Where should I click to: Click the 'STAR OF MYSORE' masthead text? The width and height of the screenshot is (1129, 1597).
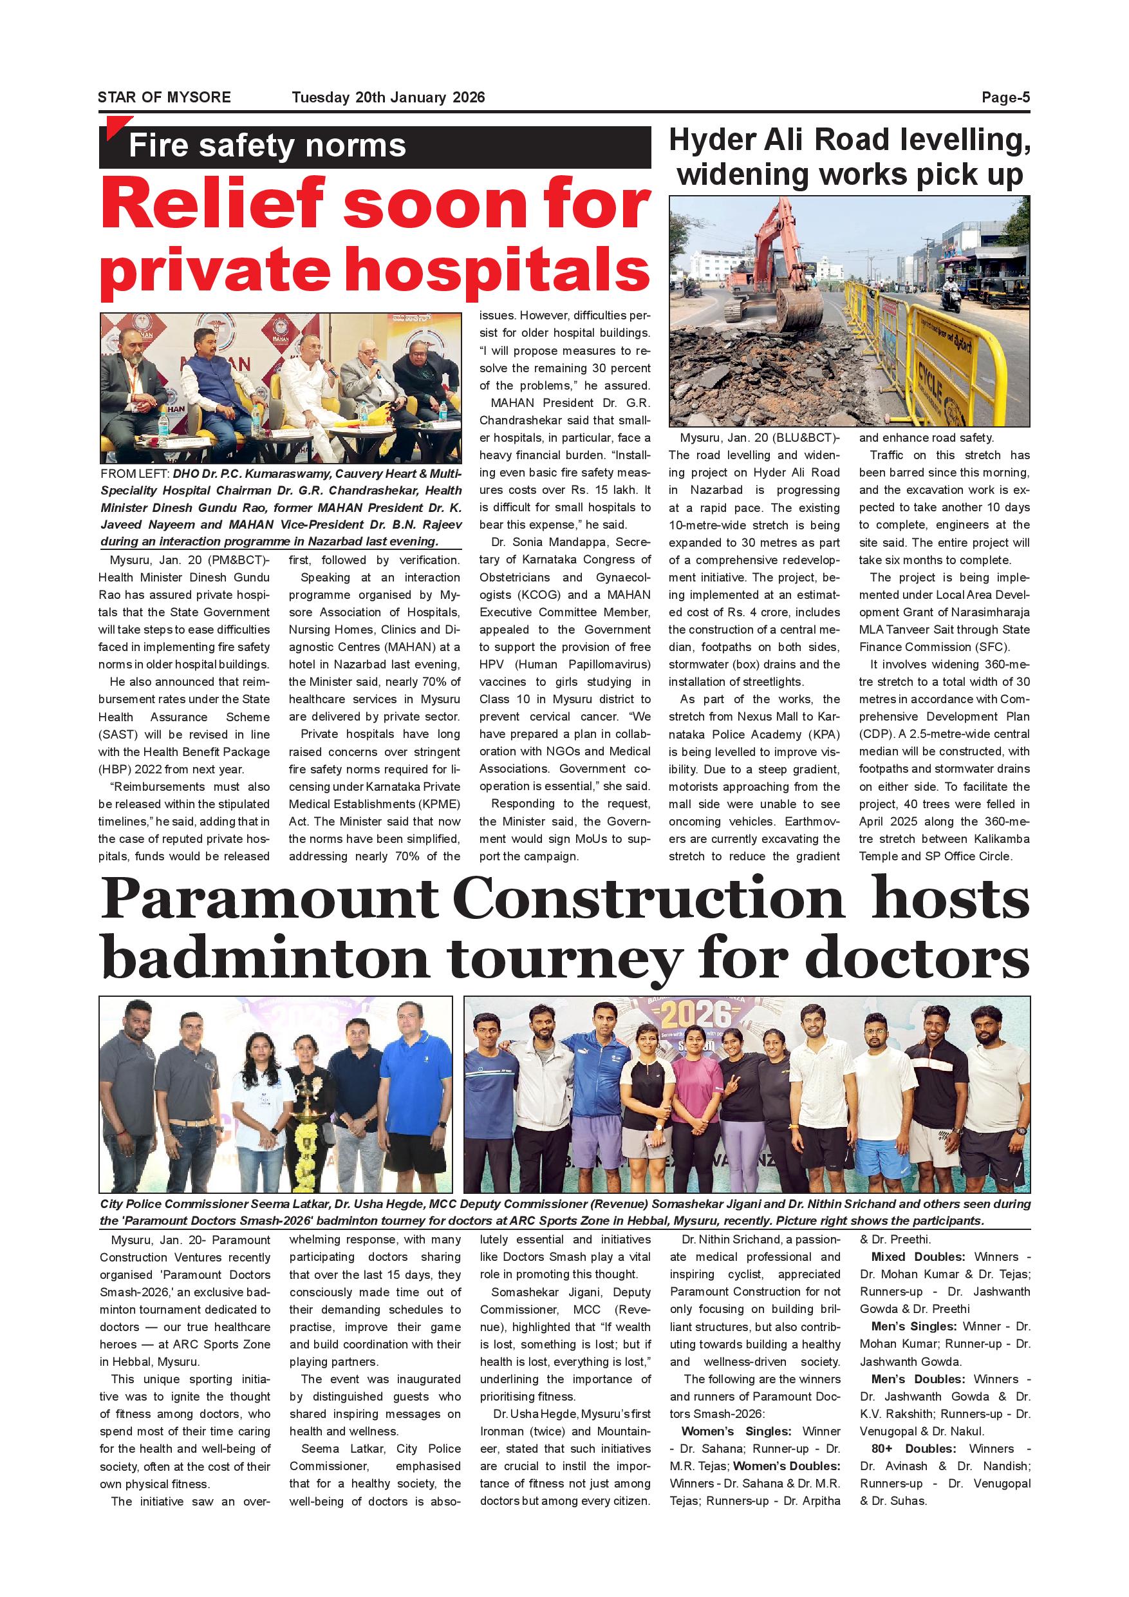pos(164,97)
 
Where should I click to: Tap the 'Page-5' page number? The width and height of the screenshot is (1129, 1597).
pos(1005,97)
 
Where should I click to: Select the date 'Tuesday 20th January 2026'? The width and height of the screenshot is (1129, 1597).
pos(388,97)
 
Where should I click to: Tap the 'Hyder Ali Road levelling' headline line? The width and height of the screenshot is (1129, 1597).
pos(849,140)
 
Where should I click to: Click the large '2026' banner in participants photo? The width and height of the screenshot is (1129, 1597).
pos(695,1017)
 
